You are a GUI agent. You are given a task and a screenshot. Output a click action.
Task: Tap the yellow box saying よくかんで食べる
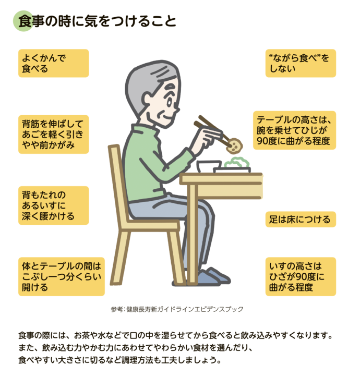click(x=53, y=63)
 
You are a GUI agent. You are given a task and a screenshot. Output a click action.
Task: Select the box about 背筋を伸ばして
click(x=53, y=134)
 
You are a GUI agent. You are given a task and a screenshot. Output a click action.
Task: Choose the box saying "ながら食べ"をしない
click(x=301, y=63)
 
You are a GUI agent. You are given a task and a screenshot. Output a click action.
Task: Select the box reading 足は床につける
click(x=300, y=220)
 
